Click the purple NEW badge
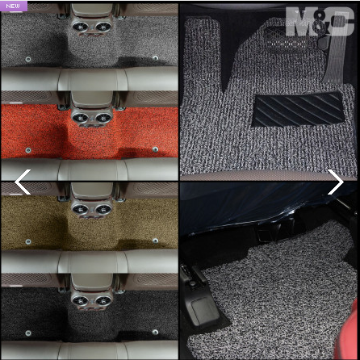click(x=14, y=6)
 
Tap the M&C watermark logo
click(x=320, y=22)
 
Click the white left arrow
click(x=23, y=182)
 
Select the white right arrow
click(x=336, y=182)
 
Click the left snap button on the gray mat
click(x=28, y=59)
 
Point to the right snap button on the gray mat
click(x=155, y=58)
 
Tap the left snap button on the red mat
click(x=28, y=150)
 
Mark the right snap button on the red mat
click(x=155, y=149)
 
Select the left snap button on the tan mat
click(x=28, y=242)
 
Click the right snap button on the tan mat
click(x=155, y=241)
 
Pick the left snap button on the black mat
click(x=28, y=333)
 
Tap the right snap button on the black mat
click(x=155, y=332)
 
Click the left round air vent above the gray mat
click(x=80, y=27)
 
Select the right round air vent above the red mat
click(x=103, y=118)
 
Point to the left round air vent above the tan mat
click(x=80, y=209)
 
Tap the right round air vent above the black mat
click(x=103, y=300)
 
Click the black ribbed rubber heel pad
click(x=298, y=110)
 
